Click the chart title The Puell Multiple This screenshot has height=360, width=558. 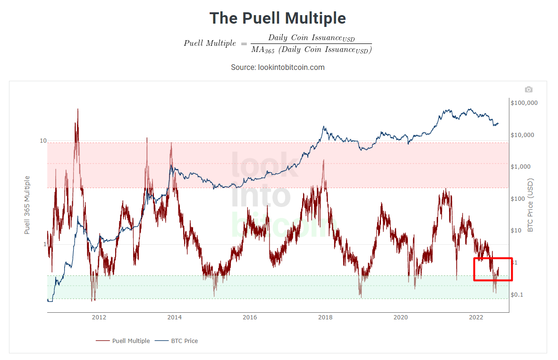278,18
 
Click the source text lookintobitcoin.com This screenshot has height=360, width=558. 278,68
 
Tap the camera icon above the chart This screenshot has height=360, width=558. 528,89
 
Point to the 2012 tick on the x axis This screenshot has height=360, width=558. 99,317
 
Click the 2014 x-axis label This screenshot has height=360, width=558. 174,317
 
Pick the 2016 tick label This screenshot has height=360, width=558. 250,317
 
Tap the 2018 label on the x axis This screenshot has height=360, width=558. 325,317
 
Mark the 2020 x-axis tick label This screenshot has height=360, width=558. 400,317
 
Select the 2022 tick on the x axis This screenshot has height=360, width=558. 476,317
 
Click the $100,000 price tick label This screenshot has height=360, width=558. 524,103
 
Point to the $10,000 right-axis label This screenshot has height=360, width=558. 523,135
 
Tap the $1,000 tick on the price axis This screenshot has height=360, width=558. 521,167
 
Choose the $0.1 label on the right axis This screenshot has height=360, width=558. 517,295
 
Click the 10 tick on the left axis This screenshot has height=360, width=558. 43,141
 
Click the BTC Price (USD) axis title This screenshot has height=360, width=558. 530,205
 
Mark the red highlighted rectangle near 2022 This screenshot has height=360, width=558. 493,269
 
